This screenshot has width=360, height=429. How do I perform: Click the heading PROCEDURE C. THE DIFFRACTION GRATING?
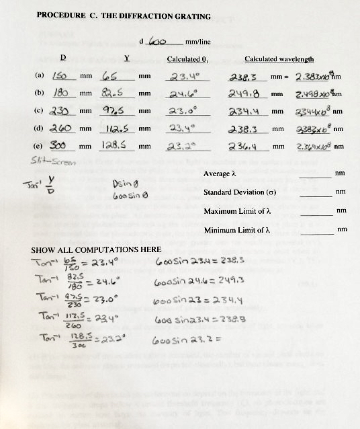[124, 16]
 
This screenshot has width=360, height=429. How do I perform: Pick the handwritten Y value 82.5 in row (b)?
[118, 93]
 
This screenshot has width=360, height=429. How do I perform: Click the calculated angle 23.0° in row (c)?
[182, 110]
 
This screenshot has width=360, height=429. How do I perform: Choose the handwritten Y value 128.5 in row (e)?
[119, 145]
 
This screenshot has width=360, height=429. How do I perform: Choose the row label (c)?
[40, 111]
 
